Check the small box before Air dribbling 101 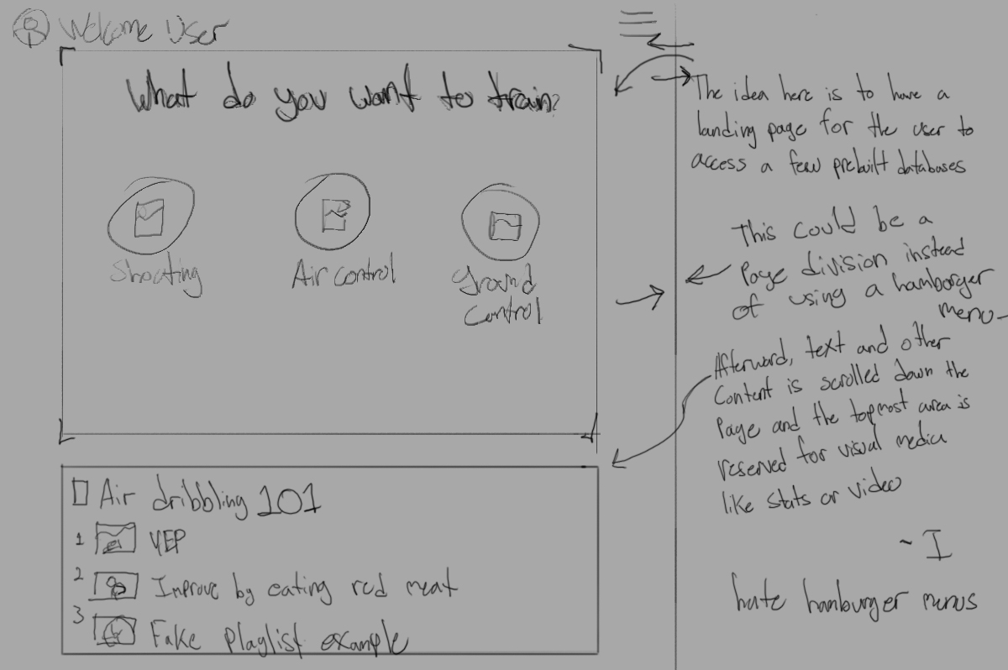(81, 493)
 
